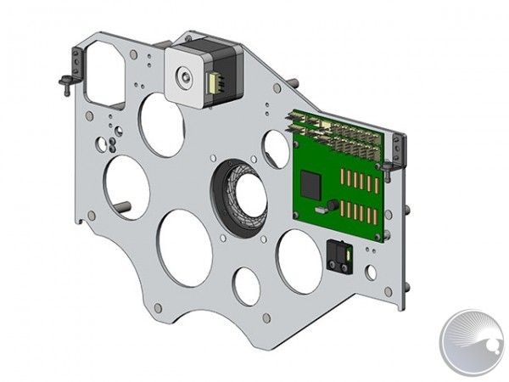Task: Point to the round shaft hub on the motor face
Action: [x=184, y=78]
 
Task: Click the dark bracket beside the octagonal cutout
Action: [x=76, y=65]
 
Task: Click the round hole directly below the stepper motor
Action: [x=162, y=124]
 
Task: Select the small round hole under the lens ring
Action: [x=246, y=285]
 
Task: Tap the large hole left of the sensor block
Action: [x=299, y=261]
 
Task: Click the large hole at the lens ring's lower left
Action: [x=185, y=247]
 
